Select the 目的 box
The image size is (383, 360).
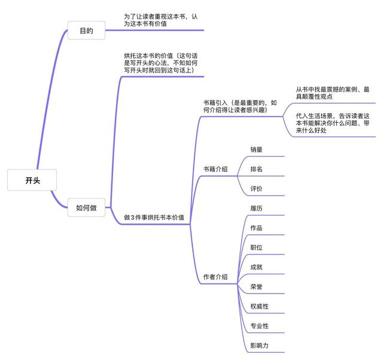coord(86,31)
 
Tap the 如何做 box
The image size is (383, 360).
coord(86,208)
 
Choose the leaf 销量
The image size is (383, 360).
coord(256,149)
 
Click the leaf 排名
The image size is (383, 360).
coord(256,169)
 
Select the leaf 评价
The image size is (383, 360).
coord(256,189)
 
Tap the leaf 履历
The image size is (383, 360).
coord(256,208)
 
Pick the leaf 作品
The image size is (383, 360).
coord(256,228)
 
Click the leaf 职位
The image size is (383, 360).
coord(256,247)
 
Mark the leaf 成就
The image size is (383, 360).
coord(256,267)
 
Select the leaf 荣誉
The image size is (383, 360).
coord(256,287)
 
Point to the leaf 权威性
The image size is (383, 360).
coord(259,307)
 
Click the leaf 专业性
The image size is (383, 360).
coord(259,326)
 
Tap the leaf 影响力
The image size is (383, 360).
coord(259,346)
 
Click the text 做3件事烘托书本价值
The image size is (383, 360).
coord(154,217)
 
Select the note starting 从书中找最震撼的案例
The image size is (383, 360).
coord(332,93)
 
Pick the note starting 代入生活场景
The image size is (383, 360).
coord(332,123)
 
